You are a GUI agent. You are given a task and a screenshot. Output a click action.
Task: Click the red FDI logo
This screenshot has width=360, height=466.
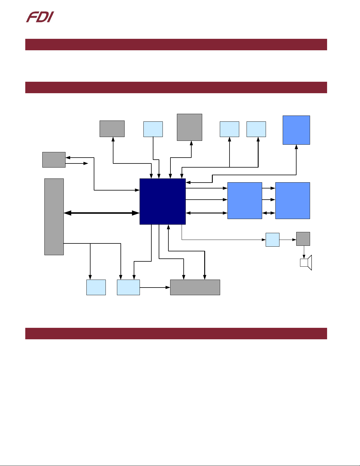[x=40, y=17]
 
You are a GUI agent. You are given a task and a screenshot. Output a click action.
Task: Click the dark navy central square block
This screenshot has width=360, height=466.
[x=163, y=201]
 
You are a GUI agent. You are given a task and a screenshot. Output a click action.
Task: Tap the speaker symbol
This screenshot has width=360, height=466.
[x=306, y=263]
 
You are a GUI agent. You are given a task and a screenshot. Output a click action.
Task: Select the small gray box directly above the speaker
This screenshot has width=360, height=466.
[x=303, y=239]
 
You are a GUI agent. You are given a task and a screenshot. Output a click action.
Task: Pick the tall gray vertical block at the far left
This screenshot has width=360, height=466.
[x=54, y=217]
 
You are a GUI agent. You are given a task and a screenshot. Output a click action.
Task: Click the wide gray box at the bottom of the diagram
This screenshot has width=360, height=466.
[x=195, y=287]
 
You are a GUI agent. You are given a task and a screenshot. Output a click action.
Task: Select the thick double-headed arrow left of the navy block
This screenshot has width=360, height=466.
[x=102, y=213]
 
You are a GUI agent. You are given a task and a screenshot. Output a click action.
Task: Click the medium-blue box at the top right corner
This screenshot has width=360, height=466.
[x=296, y=130]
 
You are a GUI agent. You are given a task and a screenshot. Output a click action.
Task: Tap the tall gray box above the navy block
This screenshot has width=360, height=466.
[x=190, y=127]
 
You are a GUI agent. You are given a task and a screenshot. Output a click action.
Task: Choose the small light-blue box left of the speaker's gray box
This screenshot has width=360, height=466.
[x=272, y=240]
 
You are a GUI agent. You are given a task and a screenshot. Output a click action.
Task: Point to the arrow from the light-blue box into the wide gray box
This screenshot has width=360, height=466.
[x=155, y=287]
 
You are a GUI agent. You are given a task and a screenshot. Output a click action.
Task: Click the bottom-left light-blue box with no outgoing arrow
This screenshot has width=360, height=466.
[x=96, y=287]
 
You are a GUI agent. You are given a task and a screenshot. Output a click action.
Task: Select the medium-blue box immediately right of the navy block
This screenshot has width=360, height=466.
[x=245, y=201]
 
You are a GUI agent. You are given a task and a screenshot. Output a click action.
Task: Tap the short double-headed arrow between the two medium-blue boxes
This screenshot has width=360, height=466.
[x=269, y=213]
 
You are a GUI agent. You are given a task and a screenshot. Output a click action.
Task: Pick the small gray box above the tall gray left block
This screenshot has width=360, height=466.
[x=54, y=160]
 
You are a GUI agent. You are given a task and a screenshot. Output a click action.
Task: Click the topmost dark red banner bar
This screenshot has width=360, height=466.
[x=176, y=44]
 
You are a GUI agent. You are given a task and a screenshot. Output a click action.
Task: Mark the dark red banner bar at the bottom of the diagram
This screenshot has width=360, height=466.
[x=176, y=333]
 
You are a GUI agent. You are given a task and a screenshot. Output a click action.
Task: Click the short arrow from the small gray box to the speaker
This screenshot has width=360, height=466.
[x=304, y=252]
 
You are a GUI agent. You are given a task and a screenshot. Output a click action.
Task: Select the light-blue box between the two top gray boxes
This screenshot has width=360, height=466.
[x=153, y=129]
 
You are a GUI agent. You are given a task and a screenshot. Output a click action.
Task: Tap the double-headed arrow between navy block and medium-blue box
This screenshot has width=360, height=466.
[x=207, y=213]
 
